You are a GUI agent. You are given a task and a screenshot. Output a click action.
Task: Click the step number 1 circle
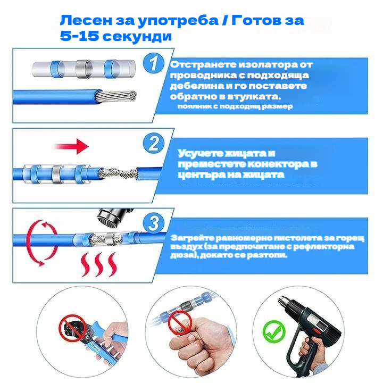(154, 63)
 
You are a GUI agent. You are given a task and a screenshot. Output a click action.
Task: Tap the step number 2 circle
(154, 143)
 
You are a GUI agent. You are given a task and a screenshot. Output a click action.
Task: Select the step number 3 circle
(154, 222)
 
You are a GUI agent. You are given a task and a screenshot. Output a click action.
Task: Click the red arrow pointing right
(71, 146)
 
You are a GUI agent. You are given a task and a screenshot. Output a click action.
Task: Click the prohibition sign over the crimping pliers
(72, 328)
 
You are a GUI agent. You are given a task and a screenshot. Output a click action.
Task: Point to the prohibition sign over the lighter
(180, 323)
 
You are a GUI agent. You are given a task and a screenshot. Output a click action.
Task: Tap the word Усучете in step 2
(201, 153)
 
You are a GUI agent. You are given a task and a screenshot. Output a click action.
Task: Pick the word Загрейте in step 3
(192, 238)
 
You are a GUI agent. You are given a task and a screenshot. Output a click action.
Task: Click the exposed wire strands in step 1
(116, 96)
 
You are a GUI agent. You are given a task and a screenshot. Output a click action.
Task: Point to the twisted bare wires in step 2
(118, 173)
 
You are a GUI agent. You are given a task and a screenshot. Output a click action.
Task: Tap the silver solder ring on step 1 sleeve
(84, 69)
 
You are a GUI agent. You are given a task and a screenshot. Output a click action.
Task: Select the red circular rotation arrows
(42, 243)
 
